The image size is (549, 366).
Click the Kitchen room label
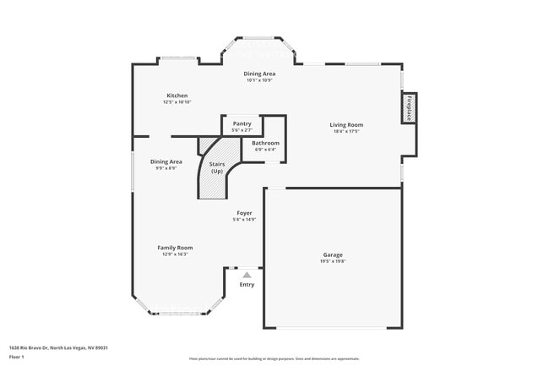click(177, 96)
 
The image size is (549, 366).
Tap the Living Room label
click(346, 125)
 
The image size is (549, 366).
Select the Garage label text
click(333, 254)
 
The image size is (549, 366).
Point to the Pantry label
click(242, 123)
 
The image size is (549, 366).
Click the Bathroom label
click(265, 143)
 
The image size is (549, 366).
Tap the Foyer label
click(244, 213)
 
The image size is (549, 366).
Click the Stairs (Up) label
click(216, 167)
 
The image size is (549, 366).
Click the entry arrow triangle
click(247, 275)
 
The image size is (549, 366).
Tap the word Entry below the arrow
click(247, 285)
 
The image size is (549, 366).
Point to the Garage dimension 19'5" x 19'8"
click(333, 261)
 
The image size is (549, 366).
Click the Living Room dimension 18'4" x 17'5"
click(346, 132)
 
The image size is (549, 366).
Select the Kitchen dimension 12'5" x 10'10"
click(177, 102)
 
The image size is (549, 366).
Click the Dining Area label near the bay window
click(260, 74)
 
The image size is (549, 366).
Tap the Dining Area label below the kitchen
click(166, 161)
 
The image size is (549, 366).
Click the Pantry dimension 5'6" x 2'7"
click(242, 130)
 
